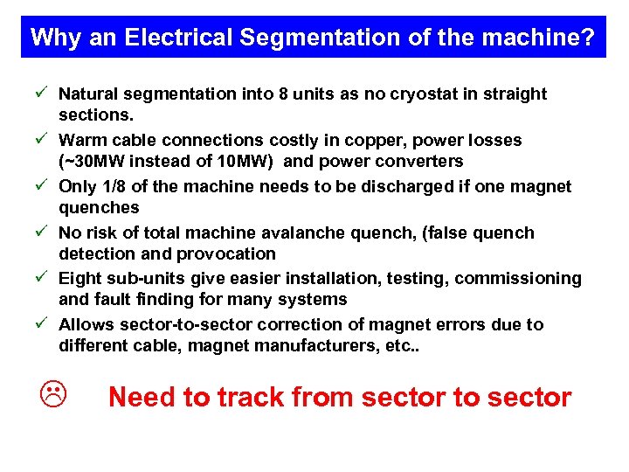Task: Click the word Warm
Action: (82, 140)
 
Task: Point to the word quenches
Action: (99, 207)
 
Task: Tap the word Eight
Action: (81, 278)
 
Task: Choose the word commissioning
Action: (523, 278)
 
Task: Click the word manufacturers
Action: (321, 345)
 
